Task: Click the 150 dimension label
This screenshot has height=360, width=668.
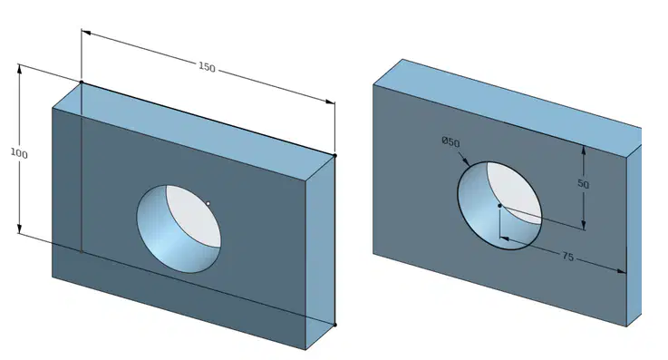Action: click(207, 67)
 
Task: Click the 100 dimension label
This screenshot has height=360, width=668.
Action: click(19, 153)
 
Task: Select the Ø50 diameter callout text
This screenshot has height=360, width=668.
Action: click(450, 141)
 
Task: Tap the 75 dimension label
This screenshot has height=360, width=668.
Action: click(568, 257)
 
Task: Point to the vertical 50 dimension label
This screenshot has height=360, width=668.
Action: click(583, 184)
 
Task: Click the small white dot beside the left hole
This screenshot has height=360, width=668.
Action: click(208, 204)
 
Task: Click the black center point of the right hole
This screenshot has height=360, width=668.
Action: click(499, 206)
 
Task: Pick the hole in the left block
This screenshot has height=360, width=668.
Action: click(179, 229)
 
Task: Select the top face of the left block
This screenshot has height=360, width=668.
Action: click(193, 132)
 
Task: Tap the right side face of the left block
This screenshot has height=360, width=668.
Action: click(320, 252)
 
